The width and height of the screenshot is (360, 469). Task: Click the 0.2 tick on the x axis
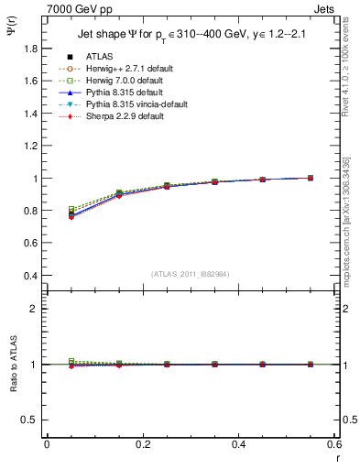click(x=143, y=443)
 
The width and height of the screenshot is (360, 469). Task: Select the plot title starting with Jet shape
click(x=190, y=35)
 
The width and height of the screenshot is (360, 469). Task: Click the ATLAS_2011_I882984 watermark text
click(x=190, y=274)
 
